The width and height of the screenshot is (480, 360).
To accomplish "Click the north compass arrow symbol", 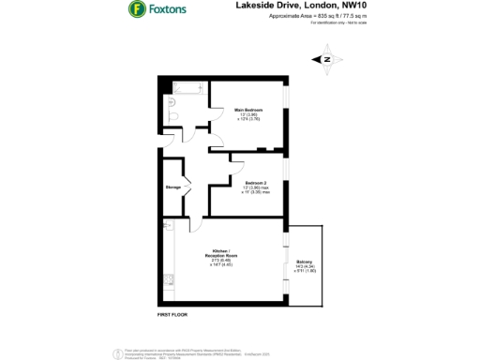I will point(327,60).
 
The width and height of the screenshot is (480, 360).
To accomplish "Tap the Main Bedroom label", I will point(247,110).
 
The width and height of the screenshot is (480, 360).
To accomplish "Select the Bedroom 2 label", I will point(257,182).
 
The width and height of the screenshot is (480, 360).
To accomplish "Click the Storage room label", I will point(173,187).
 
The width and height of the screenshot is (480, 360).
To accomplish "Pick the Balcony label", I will point(305,261).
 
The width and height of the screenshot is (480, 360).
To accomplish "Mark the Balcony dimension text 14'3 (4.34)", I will point(305,266).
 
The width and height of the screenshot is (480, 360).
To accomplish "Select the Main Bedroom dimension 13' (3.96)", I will point(247,115).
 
